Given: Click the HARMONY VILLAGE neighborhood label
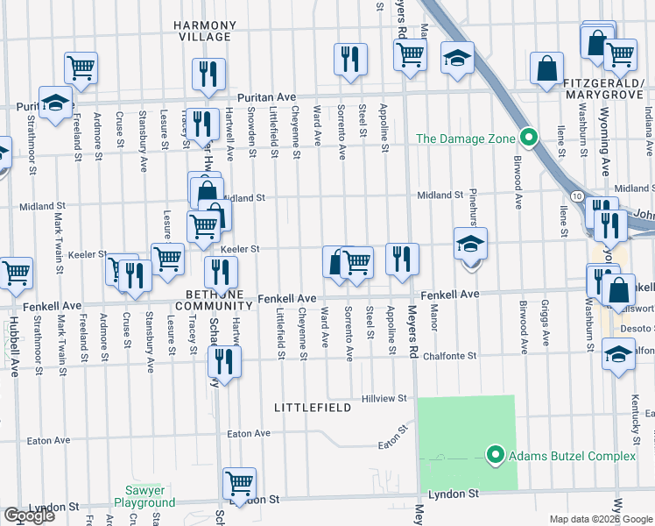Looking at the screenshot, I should coord(207,32).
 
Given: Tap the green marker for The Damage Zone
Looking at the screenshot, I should coord(528,138).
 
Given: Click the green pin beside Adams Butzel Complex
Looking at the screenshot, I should coord(495,455).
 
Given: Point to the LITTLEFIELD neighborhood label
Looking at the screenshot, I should coord(313,408).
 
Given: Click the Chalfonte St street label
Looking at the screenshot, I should coord(448,357).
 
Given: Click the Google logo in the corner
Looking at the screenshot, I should coord(29,515).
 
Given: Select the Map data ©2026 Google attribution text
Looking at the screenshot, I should coord(600,519).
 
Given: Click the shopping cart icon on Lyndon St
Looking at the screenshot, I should coord(239,481).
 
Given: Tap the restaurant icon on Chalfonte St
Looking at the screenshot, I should coord(227,360).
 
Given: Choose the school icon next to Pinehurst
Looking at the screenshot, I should coord(470,243).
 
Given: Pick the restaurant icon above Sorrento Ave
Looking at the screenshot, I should coord(350,59).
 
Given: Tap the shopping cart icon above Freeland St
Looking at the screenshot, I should coord(81,67).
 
